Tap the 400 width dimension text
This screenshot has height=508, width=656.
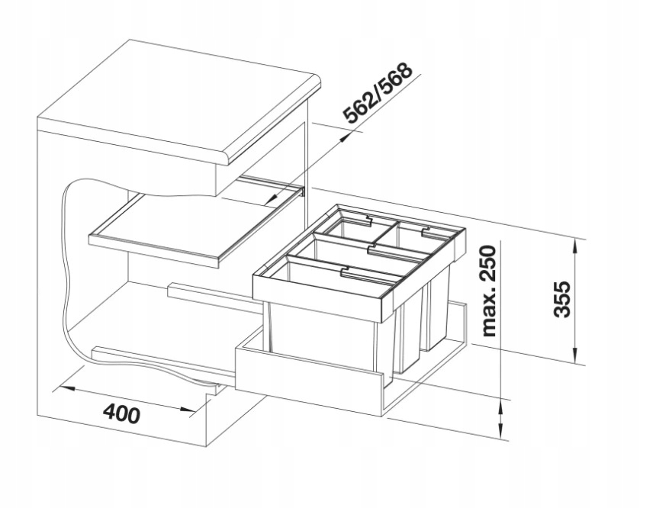pos(122,413)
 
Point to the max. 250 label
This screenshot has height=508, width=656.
pos(489,291)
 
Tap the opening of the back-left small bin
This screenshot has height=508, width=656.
pos(350,229)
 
